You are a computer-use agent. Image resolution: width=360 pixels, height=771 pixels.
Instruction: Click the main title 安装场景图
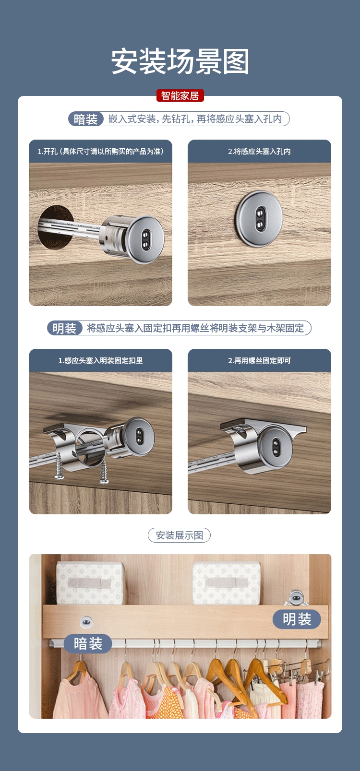tap(180, 61)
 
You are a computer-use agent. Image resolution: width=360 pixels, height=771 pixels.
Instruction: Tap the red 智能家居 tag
tap(180, 95)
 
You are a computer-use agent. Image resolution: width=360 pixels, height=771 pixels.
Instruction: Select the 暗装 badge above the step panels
tap(86, 119)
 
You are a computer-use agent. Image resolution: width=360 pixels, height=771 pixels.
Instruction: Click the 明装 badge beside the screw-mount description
tap(64, 328)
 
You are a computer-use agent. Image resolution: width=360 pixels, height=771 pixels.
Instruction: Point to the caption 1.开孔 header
tap(100, 152)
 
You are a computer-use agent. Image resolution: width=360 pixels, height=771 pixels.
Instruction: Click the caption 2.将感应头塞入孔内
tap(259, 152)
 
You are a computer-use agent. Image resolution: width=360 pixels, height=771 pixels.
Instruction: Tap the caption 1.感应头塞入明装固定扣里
tap(100, 360)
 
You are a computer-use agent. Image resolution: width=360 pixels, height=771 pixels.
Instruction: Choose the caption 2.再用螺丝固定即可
tap(259, 360)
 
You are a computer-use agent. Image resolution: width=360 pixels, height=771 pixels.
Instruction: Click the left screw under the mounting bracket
tap(59, 466)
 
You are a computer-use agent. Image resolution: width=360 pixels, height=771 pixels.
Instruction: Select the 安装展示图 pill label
tap(179, 535)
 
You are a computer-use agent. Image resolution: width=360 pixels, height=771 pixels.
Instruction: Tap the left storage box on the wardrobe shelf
tap(90, 583)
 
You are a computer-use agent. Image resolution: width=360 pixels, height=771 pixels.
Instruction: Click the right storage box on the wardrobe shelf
tap(227, 583)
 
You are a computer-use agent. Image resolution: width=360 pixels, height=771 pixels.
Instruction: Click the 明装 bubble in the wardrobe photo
tap(297, 619)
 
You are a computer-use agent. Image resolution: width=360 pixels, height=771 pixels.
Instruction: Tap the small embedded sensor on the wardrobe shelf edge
tap(86, 621)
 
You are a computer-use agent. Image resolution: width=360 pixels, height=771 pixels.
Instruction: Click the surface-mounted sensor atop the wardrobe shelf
tap(296, 598)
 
